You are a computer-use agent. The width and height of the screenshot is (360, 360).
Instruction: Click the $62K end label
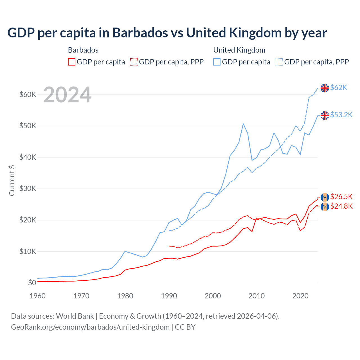coord(339,88)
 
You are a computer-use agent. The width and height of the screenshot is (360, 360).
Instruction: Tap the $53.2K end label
coord(341,115)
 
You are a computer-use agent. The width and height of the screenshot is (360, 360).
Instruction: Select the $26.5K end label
coord(341,197)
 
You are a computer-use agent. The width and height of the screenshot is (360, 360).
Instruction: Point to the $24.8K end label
coord(341,206)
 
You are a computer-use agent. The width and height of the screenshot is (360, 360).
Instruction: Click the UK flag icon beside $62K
coord(325,88)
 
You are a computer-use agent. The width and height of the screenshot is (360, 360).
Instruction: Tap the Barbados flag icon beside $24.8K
coord(325,207)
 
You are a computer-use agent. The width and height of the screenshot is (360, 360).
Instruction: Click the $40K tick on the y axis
coord(28,157)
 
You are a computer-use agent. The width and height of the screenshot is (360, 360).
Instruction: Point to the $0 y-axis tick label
coord(32,283)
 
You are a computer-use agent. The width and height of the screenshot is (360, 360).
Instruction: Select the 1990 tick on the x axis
coord(169,296)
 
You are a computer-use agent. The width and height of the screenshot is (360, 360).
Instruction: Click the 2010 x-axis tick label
coord(256,296)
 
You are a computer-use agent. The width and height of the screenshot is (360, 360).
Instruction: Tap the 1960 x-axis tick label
coord(37,296)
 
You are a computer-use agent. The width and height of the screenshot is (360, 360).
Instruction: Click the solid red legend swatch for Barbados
coord(72,62)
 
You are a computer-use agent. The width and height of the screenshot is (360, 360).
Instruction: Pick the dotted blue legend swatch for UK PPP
coord(279,62)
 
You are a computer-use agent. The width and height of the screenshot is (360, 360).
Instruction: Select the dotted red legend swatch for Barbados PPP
coord(134,62)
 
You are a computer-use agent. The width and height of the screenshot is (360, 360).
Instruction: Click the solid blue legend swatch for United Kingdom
coord(217,62)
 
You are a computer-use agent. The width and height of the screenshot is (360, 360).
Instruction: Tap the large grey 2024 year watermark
coord(67,95)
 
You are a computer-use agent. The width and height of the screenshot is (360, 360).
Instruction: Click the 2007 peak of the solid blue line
coord(243,124)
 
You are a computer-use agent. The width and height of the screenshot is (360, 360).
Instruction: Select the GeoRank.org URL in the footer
coord(90,327)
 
